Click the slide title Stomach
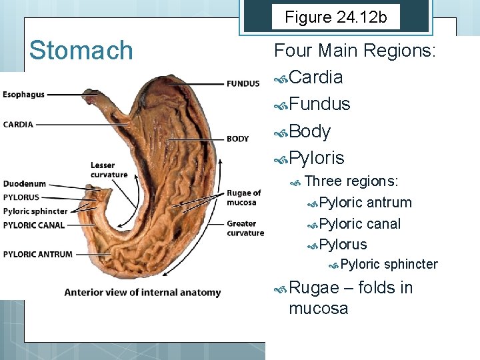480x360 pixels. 81,51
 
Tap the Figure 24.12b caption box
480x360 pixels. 335,17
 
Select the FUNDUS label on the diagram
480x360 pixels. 243,84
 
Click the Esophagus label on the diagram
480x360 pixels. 23,95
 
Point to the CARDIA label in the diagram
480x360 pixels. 18,124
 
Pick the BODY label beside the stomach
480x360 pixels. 237,139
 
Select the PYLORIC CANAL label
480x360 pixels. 34,225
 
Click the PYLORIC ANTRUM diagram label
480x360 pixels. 37,253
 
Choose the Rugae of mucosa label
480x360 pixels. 243,198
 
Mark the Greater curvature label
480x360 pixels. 245,228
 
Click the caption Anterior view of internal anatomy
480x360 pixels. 142,292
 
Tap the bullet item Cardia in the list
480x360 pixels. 317,77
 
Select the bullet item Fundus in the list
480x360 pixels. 321,104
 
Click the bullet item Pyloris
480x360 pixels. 317,158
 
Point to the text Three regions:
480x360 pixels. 351,181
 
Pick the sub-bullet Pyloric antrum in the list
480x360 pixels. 365,203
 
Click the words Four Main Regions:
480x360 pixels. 355,51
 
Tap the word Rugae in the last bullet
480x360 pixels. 314,288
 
